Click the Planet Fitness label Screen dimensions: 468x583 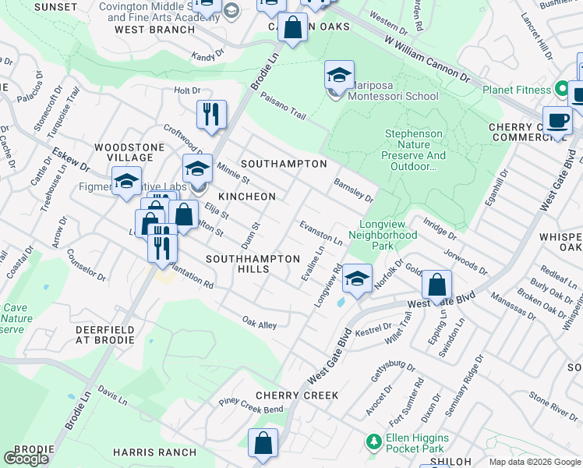click(516, 90)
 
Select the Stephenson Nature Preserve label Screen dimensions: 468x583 click(415, 150)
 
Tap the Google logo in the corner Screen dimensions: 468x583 click(26, 459)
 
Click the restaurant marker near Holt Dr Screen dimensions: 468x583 click(211, 115)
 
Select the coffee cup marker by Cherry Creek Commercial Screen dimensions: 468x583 click(557, 121)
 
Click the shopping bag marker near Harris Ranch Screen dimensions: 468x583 click(263, 443)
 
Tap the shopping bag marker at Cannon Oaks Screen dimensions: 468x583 click(292, 28)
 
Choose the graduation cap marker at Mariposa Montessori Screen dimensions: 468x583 click(339, 76)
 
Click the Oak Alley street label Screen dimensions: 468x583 click(259, 323)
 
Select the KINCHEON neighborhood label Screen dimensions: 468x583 click(246, 197)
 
